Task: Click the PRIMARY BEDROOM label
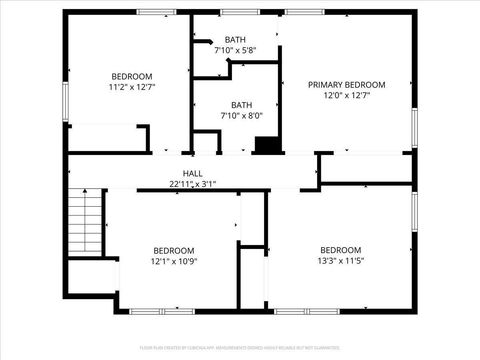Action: click(346, 85)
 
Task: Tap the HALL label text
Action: click(193, 174)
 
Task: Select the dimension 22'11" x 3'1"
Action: click(193, 184)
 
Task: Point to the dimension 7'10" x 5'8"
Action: click(235, 50)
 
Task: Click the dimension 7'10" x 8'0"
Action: click(241, 115)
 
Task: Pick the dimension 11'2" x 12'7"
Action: click(132, 87)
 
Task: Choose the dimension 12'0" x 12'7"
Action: click(346, 96)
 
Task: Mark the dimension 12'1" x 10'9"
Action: click(173, 261)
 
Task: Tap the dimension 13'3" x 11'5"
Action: click(340, 261)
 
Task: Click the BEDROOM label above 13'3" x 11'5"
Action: click(340, 250)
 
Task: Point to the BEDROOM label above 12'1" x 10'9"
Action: click(173, 250)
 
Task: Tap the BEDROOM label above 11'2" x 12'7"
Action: click(132, 76)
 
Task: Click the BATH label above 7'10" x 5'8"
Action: click(235, 40)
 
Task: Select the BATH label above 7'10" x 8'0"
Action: click(241, 104)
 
